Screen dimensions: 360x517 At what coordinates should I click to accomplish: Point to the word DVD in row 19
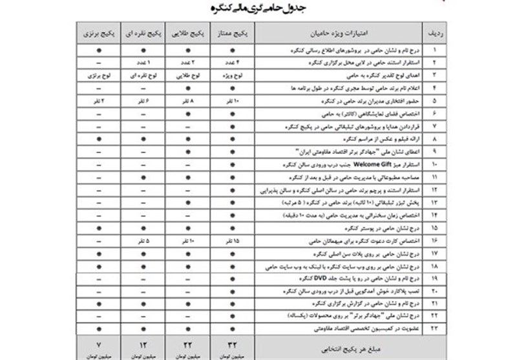click(313, 279)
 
